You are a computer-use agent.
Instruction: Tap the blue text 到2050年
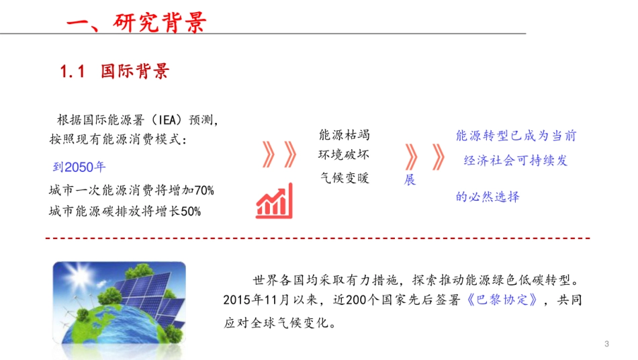[79, 167]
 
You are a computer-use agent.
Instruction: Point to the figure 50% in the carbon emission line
[191, 212]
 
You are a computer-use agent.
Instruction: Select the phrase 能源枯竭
[344, 135]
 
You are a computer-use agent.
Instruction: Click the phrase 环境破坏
[344, 155]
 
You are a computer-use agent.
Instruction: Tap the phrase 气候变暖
[344, 178]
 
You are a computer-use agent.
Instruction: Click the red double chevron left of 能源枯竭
[279, 155]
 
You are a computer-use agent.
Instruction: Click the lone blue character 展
[410, 180]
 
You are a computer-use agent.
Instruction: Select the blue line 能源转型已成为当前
[515, 136]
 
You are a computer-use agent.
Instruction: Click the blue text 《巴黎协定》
[502, 300]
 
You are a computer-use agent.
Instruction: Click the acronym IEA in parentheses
[163, 121]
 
